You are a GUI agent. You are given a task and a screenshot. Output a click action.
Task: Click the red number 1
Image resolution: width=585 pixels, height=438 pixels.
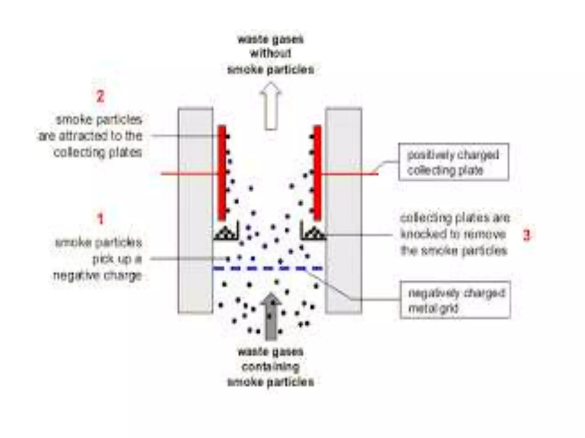point(100,219)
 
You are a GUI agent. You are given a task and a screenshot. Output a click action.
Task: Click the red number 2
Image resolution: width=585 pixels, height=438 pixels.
point(100,96)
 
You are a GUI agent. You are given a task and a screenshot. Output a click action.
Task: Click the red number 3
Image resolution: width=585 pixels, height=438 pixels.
point(526,235)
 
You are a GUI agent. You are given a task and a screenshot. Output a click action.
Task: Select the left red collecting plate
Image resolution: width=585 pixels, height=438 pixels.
point(222,173)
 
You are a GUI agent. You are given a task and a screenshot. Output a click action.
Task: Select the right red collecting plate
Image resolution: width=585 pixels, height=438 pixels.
point(317,173)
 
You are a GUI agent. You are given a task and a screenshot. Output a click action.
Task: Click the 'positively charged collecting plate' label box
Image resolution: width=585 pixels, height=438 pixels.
point(454,162)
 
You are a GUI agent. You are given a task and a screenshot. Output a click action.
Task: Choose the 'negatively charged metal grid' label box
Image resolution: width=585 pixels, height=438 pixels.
point(455,300)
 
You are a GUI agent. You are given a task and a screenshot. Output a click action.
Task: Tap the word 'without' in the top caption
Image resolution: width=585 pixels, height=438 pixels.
point(271,54)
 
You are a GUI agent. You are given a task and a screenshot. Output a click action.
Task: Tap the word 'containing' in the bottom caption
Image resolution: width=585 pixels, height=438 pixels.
point(271,366)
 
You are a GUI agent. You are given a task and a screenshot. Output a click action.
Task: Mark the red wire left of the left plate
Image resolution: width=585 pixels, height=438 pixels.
point(189,173)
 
